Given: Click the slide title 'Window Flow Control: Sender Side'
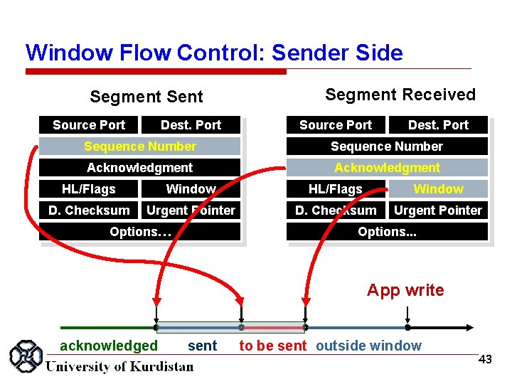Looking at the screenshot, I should pos(214,53).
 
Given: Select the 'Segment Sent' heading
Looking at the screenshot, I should pos(146,97).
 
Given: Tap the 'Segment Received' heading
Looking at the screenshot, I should pos(400,95).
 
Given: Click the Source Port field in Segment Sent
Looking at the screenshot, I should pos(89,125).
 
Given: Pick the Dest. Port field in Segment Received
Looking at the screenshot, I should pos(438,125).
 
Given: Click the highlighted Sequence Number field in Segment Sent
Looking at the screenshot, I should pos(139,146).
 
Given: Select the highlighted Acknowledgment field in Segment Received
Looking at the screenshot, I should pos(387,168).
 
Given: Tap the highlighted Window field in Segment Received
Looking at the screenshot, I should pos(438,189).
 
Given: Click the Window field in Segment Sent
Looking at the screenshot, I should pos(191,189).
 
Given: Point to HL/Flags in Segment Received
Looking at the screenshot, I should pos(335,189).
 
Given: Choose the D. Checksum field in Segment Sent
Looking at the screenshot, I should pos(89,210).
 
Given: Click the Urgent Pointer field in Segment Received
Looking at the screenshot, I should pos(438,210).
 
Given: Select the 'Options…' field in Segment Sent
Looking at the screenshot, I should pos(139,232).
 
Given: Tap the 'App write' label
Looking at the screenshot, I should pos(405,290).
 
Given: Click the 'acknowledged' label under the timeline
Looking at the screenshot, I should pos(109,346).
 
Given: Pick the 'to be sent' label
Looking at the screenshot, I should pos(273,346).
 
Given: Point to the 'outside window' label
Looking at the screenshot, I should pos(368,346).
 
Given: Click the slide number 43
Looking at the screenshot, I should pos(485,360).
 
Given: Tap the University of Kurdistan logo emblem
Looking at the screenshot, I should pos(25,357).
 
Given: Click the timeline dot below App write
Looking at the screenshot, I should pos(407,328).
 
